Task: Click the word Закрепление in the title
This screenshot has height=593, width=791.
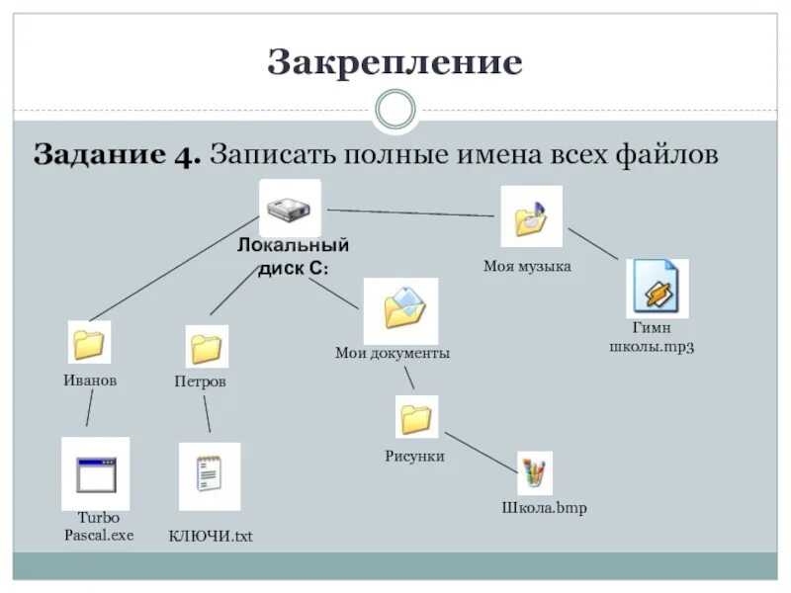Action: point(395,63)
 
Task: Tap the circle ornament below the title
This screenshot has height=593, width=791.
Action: point(395,110)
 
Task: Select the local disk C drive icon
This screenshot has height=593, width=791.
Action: point(290,208)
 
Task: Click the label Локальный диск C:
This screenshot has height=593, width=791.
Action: point(293,257)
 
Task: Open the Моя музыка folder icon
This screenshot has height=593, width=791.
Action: point(530,216)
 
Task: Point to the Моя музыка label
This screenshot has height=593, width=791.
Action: point(527,267)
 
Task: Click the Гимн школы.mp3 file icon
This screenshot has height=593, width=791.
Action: point(656,288)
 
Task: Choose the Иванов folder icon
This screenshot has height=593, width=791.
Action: point(89,342)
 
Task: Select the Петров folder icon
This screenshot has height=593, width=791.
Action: point(207,347)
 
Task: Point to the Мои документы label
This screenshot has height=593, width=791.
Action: point(393,353)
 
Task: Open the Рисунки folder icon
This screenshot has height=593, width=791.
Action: point(416,417)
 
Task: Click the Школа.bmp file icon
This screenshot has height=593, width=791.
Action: point(534,472)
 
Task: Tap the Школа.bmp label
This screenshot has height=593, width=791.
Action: point(543,509)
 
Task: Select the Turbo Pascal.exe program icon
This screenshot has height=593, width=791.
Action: point(95,473)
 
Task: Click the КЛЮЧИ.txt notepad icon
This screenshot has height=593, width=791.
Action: point(209,475)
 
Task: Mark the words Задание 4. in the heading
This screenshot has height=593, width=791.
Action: point(118,155)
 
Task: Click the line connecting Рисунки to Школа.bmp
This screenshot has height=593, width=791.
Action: point(480,452)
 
